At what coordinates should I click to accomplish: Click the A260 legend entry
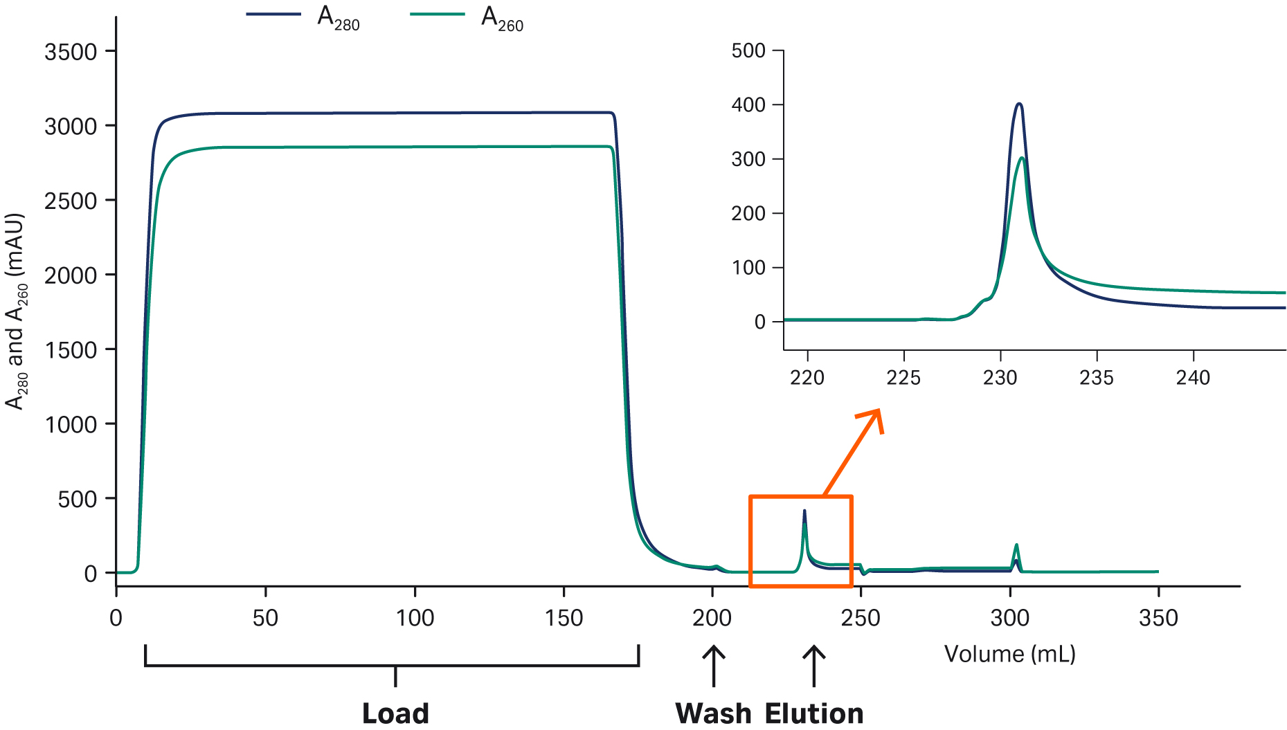[x=467, y=17]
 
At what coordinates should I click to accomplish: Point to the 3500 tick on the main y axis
[x=111, y=51]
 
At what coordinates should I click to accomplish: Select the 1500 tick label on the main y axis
[x=71, y=350]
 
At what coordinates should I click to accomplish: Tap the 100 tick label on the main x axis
[x=415, y=618]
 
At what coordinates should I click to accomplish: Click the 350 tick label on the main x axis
[x=1158, y=618]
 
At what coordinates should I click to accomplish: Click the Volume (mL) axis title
[x=1009, y=654]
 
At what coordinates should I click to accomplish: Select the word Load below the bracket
[x=395, y=713]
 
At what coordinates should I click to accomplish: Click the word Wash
[x=713, y=713]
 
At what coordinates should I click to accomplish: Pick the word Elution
[x=814, y=713]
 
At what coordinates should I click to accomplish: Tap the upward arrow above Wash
[x=713, y=665]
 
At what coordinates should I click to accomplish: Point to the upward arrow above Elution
[x=814, y=665]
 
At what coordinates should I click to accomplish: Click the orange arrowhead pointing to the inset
[x=874, y=417]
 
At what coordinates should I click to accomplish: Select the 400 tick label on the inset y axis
[x=748, y=105]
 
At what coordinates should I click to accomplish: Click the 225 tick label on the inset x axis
[x=903, y=378]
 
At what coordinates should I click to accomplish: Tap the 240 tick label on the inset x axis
[x=1193, y=378]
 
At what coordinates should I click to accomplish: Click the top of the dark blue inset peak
[x=1018, y=104]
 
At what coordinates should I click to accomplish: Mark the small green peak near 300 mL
[x=1016, y=546]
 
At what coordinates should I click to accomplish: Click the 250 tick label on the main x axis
[x=861, y=618]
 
